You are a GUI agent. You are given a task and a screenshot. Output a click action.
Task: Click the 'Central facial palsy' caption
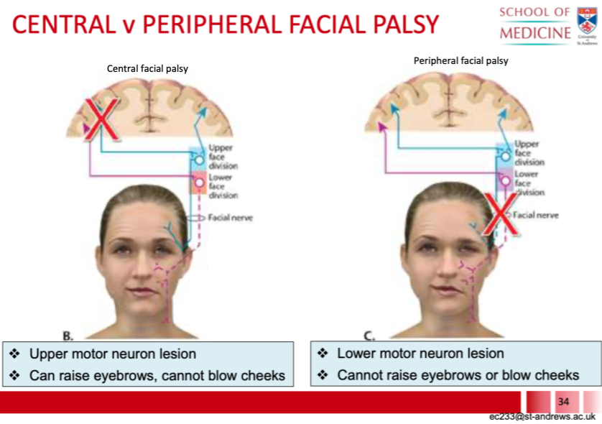coord(147,69)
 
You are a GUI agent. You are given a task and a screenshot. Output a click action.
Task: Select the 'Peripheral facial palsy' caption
coord(460,61)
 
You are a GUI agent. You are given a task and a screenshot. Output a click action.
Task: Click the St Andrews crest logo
coord(588,21)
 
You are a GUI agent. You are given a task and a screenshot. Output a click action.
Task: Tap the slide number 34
coord(562,400)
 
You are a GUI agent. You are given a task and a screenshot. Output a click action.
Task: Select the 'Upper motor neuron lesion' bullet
coord(112,354)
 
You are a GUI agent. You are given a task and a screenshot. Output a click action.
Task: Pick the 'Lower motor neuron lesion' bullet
coord(420,354)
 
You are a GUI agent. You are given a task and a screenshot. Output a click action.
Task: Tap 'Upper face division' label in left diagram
coord(223,157)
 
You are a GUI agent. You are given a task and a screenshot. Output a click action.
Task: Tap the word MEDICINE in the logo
coord(535,34)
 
